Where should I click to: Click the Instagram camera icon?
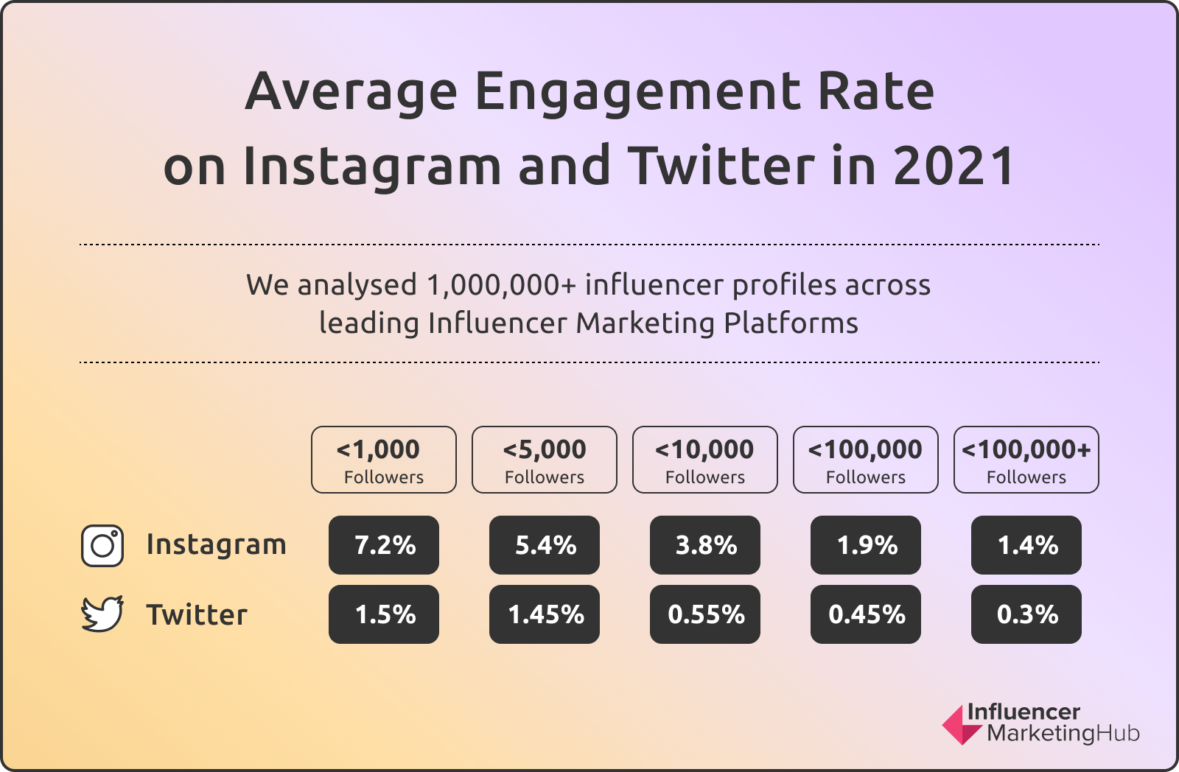point(102,546)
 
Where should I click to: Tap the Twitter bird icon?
point(102,614)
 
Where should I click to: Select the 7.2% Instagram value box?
point(384,545)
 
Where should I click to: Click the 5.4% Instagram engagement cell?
point(545,545)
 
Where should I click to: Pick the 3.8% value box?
point(705,545)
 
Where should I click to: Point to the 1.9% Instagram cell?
point(866,545)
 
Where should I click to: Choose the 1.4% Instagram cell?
point(1026,545)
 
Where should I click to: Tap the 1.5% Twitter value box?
point(384,614)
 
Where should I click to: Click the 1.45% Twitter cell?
point(545,614)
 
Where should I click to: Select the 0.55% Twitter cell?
point(705,614)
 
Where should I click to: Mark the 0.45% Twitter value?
point(866,614)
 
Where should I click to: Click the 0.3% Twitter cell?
point(1026,614)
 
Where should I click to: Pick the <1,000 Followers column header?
point(384,460)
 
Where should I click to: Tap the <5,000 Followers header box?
point(545,460)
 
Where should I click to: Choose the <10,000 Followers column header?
point(705,460)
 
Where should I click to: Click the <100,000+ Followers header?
point(1026,460)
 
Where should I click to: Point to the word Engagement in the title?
point(637,92)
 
